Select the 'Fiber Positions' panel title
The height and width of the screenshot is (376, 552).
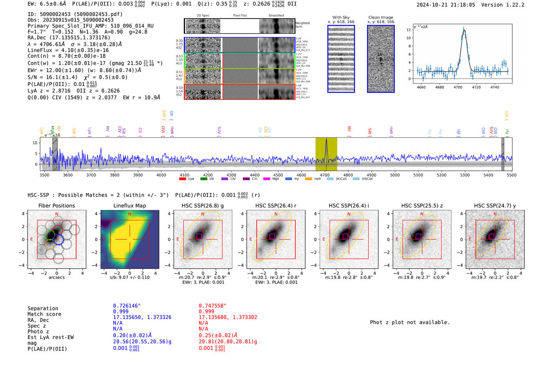tap(56, 206)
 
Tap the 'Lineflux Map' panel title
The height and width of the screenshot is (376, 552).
tap(130, 206)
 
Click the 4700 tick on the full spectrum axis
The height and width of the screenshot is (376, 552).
tap(324, 175)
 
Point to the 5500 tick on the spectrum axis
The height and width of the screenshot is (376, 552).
tap(511, 175)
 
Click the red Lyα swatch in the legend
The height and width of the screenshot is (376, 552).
tap(183, 179)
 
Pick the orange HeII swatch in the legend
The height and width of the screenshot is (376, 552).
tap(308, 179)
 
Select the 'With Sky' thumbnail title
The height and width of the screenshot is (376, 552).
tap(341, 17)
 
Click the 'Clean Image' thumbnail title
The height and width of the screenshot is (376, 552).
tap(380, 17)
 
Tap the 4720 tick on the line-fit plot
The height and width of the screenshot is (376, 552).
tap(476, 87)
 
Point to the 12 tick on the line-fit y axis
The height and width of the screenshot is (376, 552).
tap(408, 30)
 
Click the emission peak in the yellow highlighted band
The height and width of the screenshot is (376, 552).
tap(326, 140)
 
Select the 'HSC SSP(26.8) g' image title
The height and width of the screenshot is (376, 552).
tap(203, 206)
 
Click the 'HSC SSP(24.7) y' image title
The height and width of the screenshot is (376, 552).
tap(495, 206)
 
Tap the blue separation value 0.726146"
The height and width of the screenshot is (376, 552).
tap(127, 306)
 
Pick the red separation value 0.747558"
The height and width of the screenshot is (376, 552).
tap(213, 306)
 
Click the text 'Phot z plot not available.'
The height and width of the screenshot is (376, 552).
tap(410, 322)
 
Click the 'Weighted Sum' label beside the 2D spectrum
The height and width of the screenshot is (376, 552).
tap(302, 25)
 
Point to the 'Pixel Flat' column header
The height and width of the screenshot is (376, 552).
tap(240, 15)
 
